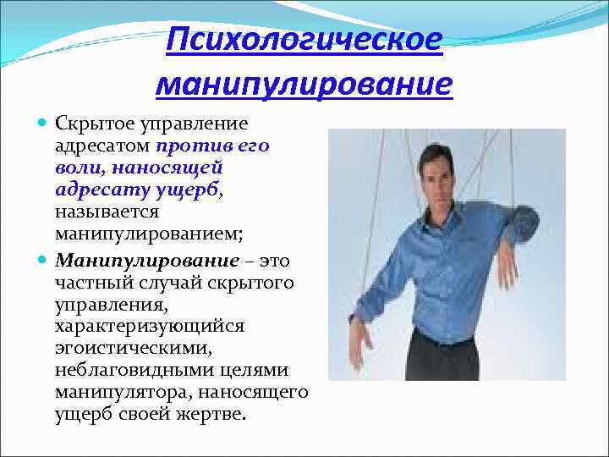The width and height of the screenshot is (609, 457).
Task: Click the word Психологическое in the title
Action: (x=304, y=39)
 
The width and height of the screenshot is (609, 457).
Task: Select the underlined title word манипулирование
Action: (x=304, y=84)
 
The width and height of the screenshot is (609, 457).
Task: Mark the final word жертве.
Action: (x=217, y=415)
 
